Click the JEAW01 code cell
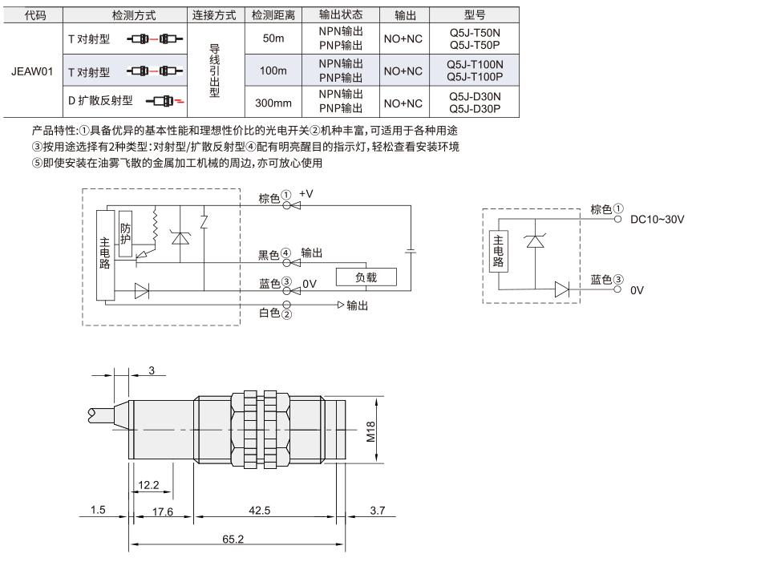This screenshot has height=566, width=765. (x=32, y=71)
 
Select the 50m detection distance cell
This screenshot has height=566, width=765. (x=273, y=38)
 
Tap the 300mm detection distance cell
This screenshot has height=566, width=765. (x=273, y=103)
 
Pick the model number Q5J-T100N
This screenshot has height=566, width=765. (x=475, y=64)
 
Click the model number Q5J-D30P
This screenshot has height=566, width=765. (x=475, y=109)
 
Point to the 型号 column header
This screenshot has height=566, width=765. (x=474, y=15)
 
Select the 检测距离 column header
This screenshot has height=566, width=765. (x=273, y=15)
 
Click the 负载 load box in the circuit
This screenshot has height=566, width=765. (x=366, y=277)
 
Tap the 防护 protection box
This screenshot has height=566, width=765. (x=125, y=234)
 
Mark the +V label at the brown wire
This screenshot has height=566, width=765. (x=306, y=194)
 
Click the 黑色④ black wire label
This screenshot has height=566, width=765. (x=274, y=254)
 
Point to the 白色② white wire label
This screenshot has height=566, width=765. (x=275, y=313)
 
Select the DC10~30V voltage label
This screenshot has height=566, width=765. (x=658, y=220)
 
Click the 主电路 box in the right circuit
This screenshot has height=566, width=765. (x=498, y=251)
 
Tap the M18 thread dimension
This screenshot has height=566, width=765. (x=370, y=431)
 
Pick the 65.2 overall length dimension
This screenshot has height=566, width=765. (x=233, y=540)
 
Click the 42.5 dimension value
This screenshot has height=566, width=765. (x=260, y=511)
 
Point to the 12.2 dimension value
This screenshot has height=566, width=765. (x=148, y=485)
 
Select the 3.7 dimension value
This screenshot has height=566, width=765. (x=377, y=511)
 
